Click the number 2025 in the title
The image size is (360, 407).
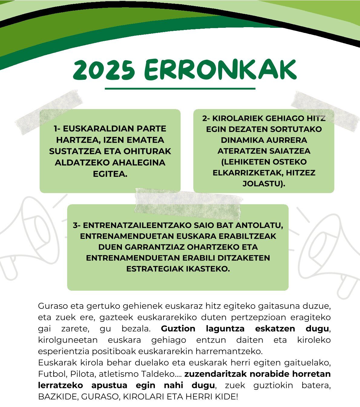point(104,69)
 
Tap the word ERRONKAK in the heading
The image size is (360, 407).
point(220,69)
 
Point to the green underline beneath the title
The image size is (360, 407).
point(180,89)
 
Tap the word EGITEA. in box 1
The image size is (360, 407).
point(110,174)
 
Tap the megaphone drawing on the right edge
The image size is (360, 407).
point(333,251)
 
